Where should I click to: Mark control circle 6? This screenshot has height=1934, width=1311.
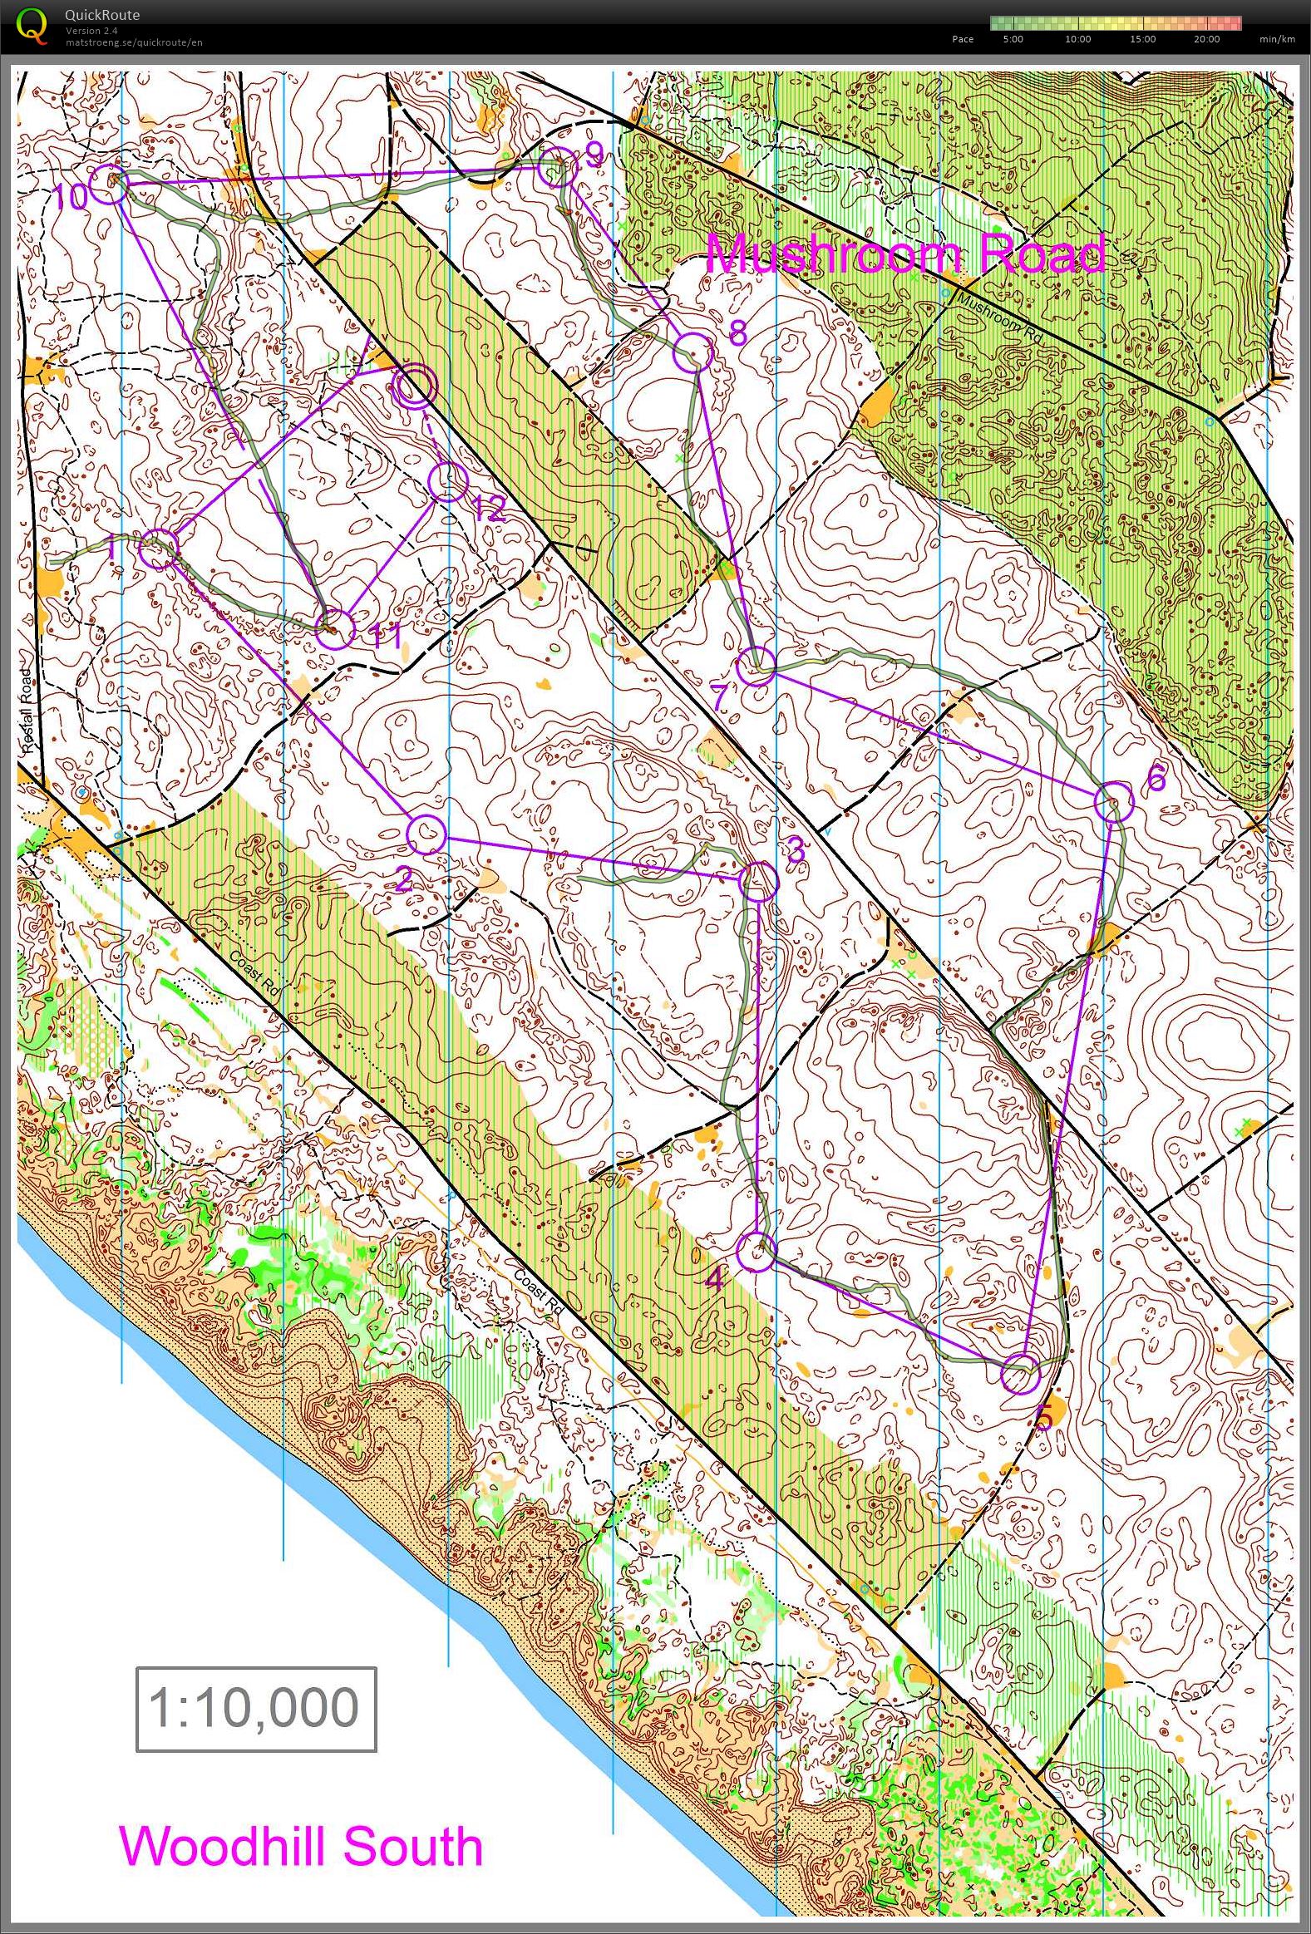pyautogui.click(x=1114, y=802)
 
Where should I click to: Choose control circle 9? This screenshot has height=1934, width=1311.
pyautogui.click(x=557, y=168)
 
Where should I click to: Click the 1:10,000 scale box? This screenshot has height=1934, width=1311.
pyautogui.click(x=255, y=1709)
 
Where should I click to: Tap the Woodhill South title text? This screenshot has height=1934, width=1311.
pyautogui.click(x=300, y=1846)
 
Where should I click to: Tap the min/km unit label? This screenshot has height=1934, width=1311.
pyautogui.click(x=1277, y=39)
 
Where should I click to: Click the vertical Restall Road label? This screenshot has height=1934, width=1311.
pyautogui.click(x=26, y=711)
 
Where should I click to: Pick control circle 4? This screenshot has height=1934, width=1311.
pyautogui.click(x=757, y=1251)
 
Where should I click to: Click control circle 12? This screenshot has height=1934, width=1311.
pyautogui.click(x=448, y=482)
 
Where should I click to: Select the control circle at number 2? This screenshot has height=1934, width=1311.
pyautogui.click(x=427, y=834)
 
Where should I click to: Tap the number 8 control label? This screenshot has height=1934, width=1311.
pyautogui.click(x=737, y=334)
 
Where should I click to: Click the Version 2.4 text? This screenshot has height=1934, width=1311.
pyautogui.click(x=91, y=31)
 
